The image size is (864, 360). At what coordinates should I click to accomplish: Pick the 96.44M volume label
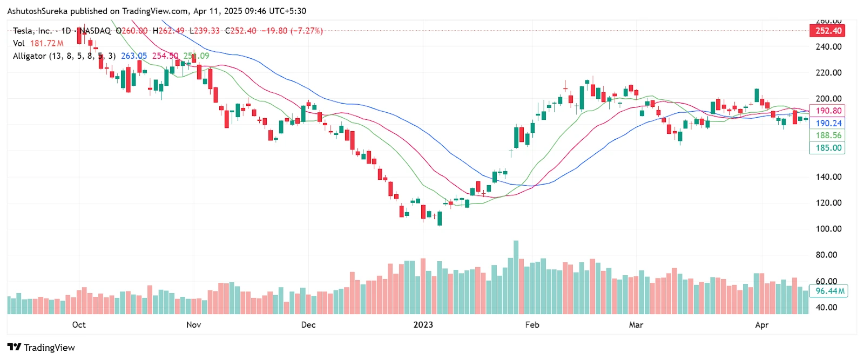coord(829,291)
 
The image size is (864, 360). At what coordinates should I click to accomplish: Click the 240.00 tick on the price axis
coord(828,46)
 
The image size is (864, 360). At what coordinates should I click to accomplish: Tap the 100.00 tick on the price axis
coord(828,229)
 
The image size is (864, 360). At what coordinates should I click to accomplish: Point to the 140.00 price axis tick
coord(828,176)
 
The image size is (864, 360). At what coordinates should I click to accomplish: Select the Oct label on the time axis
coord(79,325)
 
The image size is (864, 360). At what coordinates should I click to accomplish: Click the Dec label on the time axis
coord(308,325)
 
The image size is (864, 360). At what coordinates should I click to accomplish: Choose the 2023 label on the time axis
coord(423,325)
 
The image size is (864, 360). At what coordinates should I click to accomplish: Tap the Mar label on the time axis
coord(636,325)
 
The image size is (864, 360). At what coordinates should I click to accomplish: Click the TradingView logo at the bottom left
coord(41,348)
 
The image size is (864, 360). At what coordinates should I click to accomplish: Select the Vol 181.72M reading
coord(38,43)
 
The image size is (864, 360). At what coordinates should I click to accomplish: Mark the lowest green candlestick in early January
coord(440,219)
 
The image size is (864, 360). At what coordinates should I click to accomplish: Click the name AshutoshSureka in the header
coord(37,11)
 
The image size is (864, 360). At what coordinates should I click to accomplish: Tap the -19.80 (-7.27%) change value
coord(292,31)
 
